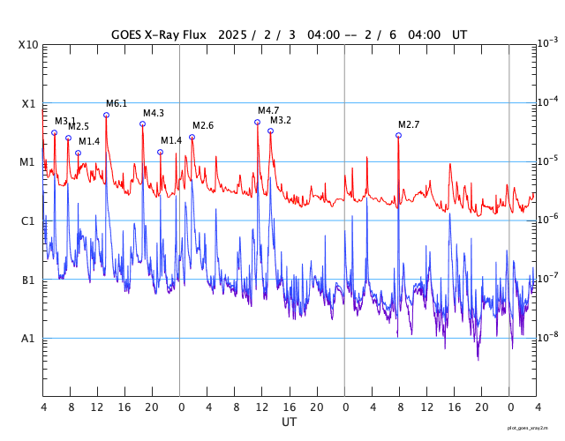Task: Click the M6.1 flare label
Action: pos(117,104)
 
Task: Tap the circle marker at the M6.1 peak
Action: pos(106,116)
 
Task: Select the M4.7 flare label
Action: pos(268,110)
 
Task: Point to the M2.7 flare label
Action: pos(409,124)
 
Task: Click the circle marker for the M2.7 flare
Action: pos(398,135)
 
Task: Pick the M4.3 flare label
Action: pos(154,113)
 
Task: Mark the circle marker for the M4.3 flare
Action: pos(143,123)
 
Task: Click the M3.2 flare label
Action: pos(281,120)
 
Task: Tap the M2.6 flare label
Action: pos(203,125)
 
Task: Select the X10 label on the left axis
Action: pos(28,45)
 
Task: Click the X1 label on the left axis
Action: pos(29,104)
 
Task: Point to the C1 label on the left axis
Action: pos(27,220)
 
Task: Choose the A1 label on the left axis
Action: pos(27,339)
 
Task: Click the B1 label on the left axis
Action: pos(28,280)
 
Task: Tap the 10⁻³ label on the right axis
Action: pos(548,43)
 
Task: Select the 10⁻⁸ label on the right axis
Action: pos(548,337)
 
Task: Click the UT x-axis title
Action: pos(290,422)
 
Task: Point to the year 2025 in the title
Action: pos(233,35)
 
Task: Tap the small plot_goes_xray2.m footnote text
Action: pos(528,428)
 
